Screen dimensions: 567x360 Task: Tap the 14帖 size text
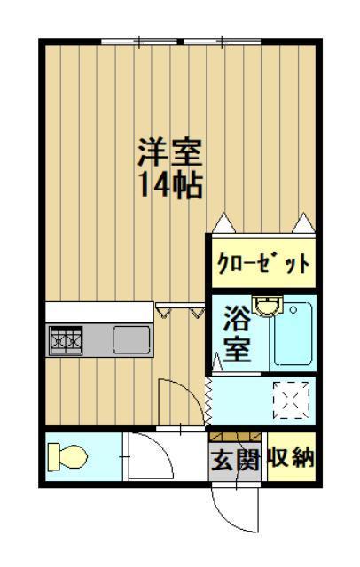click(169, 186)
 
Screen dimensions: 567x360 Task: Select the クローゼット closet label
click(263, 263)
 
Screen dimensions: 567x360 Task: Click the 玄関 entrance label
click(234, 460)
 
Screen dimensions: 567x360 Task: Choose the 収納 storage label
click(290, 458)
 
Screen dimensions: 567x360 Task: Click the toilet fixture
click(68, 456)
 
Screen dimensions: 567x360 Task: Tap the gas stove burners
click(66, 338)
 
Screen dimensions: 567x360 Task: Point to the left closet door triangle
click(221, 221)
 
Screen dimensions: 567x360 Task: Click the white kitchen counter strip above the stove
click(99, 312)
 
